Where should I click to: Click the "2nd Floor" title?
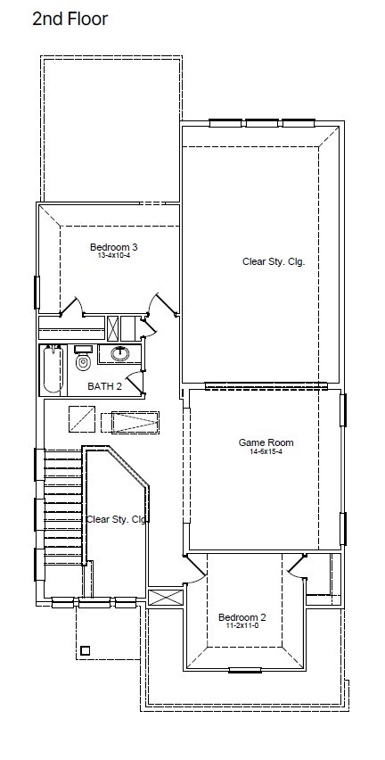[x=70, y=20]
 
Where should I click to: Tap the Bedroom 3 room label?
[x=110, y=248]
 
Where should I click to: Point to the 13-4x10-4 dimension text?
[x=110, y=255]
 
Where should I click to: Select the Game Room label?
[x=266, y=442]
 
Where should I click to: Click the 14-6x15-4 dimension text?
[x=266, y=451]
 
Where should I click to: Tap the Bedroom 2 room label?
[x=242, y=617]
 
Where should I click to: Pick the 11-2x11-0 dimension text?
[x=242, y=625]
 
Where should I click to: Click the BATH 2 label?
[x=104, y=386]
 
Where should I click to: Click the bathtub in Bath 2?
[x=53, y=369]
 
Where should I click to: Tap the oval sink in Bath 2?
[x=119, y=353]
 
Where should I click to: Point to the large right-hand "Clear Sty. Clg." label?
[x=274, y=261]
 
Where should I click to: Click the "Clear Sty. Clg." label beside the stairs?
[x=116, y=519]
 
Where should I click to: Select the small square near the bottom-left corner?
[x=86, y=651]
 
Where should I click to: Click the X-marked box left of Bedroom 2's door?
[x=166, y=597]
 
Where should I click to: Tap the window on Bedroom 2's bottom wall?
[x=245, y=671]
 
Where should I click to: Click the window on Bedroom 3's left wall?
[x=37, y=293]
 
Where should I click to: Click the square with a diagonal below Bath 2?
[x=81, y=418]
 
